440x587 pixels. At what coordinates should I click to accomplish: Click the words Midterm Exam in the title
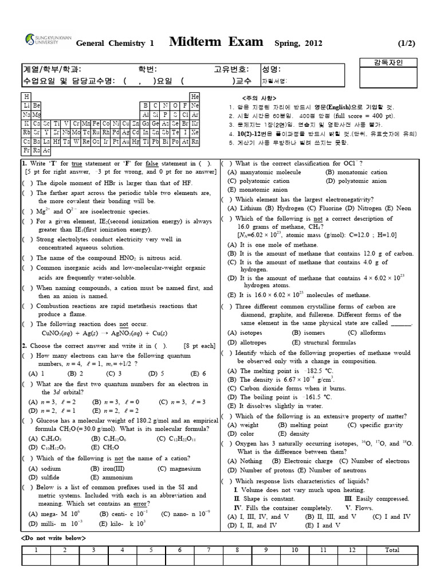click(x=217, y=42)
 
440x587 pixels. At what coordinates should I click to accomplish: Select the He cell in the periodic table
click(x=195, y=97)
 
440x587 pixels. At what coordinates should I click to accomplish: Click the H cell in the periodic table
click(x=26, y=97)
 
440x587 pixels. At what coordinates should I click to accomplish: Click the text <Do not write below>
click(x=53, y=538)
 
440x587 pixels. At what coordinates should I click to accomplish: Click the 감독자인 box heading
click(x=388, y=62)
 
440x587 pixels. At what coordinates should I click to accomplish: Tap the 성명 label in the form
click(x=271, y=69)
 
